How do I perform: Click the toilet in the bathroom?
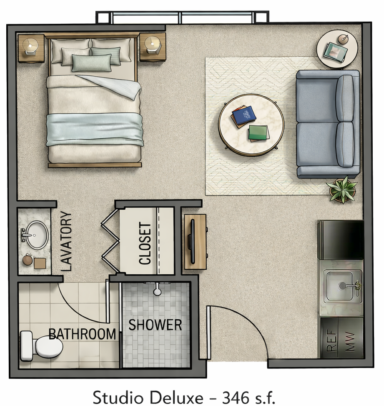[42, 345]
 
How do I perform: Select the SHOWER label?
[155, 325]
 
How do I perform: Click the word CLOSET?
[145, 244]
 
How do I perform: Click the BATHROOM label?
[82, 334]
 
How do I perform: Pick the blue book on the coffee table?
[243, 115]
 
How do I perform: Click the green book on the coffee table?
[258, 133]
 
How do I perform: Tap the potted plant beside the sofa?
[342, 189]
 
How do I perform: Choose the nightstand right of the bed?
[153, 47]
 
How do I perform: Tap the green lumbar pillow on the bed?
[91, 63]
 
